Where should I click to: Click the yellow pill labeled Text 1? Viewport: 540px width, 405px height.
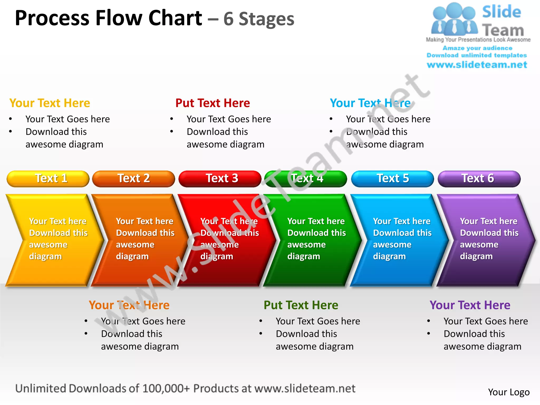point(48,179)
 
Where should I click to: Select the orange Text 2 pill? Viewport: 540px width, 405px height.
point(133,179)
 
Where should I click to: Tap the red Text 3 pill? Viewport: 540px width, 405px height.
point(220,179)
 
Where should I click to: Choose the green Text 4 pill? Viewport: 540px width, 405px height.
point(306,179)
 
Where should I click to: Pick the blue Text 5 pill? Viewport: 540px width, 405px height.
point(392,179)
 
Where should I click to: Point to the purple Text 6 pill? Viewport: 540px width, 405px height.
point(479,179)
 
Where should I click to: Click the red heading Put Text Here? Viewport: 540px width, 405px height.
point(213,103)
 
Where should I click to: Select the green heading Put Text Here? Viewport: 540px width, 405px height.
point(301,305)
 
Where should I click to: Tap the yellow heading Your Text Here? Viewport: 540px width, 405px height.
point(50,103)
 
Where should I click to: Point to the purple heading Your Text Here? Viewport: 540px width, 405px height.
point(470,305)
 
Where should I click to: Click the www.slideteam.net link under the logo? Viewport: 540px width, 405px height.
point(477,65)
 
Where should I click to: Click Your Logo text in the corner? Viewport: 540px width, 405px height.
point(509,392)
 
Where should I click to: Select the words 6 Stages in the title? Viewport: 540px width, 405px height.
point(259,19)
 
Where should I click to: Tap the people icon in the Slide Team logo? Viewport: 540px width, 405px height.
point(454,20)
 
